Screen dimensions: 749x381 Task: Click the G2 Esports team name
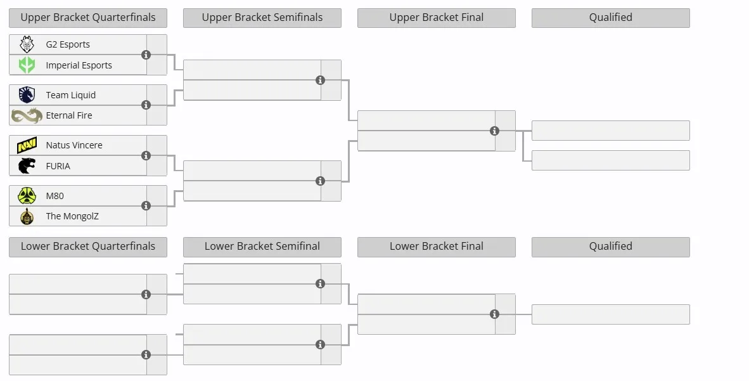pyautogui.click(x=68, y=44)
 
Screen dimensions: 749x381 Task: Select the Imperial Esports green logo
pyautogui.click(x=27, y=65)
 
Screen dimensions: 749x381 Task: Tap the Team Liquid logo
pyautogui.click(x=27, y=94)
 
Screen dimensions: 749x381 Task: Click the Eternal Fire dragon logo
pyautogui.click(x=27, y=115)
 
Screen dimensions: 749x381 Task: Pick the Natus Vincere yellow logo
pyautogui.click(x=27, y=145)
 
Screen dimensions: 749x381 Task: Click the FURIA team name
pyautogui.click(x=58, y=166)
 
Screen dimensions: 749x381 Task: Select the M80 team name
pyautogui.click(x=55, y=196)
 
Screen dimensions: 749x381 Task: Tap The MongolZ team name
pyautogui.click(x=72, y=216)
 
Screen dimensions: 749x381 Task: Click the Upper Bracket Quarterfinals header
pyautogui.click(x=88, y=18)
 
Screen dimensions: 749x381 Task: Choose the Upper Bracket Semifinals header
pyautogui.click(x=262, y=18)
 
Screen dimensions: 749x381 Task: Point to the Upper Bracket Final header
pyautogui.click(x=437, y=18)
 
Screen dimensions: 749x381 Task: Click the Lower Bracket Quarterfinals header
pyautogui.click(x=88, y=247)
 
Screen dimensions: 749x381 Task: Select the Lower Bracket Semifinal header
pyautogui.click(x=262, y=247)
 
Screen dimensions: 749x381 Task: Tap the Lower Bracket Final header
pyautogui.click(x=437, y=247)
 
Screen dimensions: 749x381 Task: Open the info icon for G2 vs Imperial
pyautogui.click(x=146, y=55)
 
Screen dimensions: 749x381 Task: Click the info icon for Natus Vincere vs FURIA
pyautogui.click(x=146, y=156)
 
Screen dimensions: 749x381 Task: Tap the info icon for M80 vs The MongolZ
pyautogui.click(x=146, y=206)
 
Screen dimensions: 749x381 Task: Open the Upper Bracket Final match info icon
pyautogui.click(x=494, y=131)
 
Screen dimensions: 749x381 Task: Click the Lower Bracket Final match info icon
pyautogui.click(x=494, y=314)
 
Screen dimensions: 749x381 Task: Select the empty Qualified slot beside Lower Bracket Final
pyautogui.click(x=610, y=314)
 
